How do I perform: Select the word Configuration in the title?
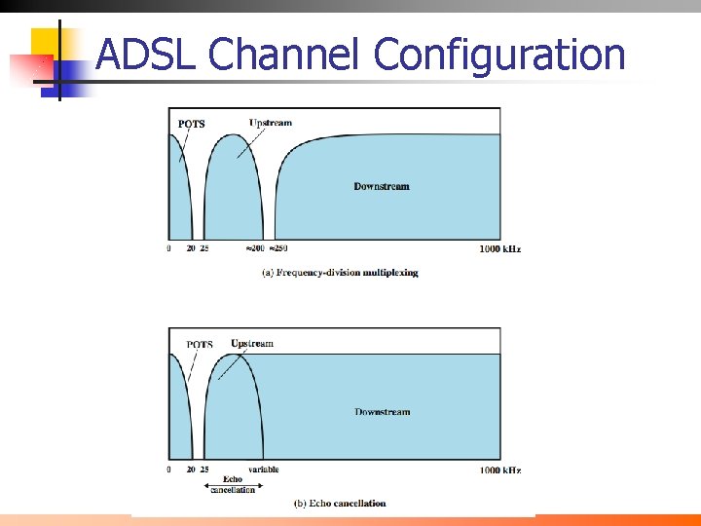[x=499, y=55]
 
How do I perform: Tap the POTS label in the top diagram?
[x=192, y=124]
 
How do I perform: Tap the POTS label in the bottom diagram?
[x=200, y=345]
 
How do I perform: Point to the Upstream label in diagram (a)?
[x=271, y=123]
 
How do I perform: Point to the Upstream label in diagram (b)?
[x=252, y=344]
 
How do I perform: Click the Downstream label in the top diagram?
[x=382, y=186]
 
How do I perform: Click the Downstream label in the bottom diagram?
[x=383, y=412]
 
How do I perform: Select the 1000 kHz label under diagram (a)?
[x=500, y=249]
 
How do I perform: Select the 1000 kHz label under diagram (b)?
[x=500, y=470]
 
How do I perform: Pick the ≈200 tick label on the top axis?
[x=254, y=249]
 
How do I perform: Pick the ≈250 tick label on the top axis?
[x=279, y=249]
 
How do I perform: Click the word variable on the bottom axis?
[x=263, y=470]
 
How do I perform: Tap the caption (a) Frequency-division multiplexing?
[x=341, y=273]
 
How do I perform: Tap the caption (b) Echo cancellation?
[x=340, y=504]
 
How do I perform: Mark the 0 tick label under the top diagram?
[x=168, y=249]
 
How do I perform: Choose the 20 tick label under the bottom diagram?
[x=191, y=470]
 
